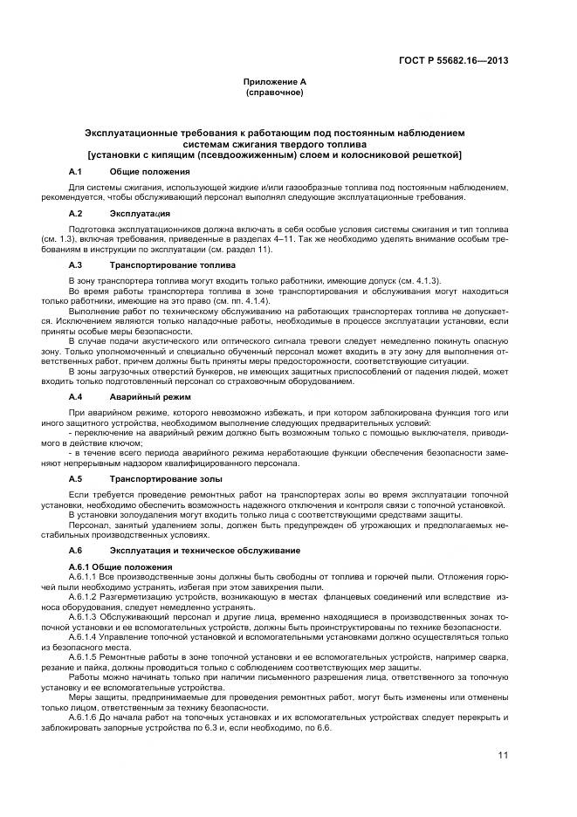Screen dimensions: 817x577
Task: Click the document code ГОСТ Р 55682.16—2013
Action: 454,60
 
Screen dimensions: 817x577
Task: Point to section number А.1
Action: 75,171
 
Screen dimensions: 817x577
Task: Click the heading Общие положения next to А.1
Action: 149,171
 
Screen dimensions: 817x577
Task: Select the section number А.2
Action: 75,213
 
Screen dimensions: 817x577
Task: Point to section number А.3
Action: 75,264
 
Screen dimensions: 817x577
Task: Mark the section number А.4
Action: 75,396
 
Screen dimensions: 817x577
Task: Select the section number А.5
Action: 75,479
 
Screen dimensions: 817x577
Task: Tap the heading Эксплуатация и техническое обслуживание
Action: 205,551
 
